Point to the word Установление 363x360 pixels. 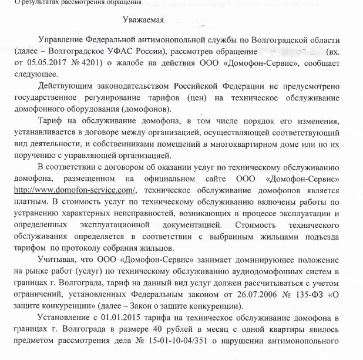(x=65, y=318)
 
